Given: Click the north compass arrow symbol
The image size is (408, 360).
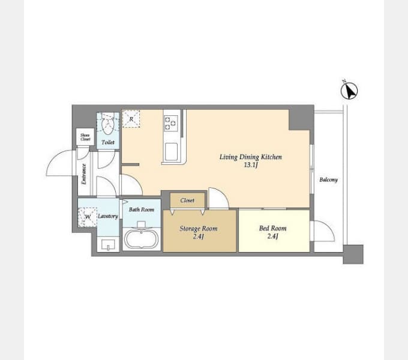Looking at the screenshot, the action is pos(349,91).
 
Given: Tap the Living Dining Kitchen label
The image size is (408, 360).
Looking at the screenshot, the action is pos(251,157).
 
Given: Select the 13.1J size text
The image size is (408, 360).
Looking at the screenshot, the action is pos(251,165).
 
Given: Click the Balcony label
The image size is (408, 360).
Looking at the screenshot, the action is pos(328,179).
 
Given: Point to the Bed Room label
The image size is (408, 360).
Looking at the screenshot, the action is pos(272,228).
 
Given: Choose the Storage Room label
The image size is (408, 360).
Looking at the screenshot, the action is pos(198,229).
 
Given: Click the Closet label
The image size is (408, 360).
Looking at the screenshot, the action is pos(187,200).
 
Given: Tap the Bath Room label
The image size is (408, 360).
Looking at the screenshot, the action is pos(142,209).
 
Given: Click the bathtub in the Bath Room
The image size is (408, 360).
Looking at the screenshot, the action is pos(141,239).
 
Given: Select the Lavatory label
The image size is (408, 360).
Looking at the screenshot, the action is pos(108,216).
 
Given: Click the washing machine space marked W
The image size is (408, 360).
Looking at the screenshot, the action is pos(88,217).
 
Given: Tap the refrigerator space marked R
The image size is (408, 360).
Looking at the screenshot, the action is pos(131,119).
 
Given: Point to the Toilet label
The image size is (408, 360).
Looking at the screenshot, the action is pos(108,142).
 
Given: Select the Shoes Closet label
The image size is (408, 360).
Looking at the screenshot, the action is pos(85,137).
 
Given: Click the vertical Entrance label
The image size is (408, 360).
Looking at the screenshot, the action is pos(84,174).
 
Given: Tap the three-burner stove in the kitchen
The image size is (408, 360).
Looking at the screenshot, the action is pos(171,124).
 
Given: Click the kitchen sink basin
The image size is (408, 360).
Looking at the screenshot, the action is pos(170,152).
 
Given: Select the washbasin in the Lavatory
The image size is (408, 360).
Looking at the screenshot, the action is pos(108,245).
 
